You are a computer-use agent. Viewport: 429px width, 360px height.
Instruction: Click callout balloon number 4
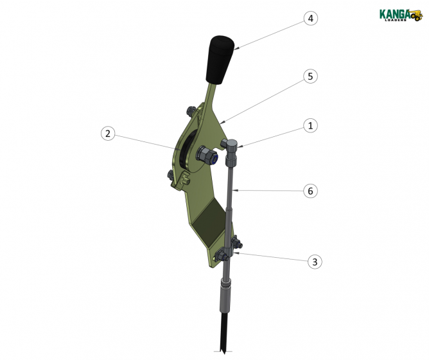(x=311, y=19)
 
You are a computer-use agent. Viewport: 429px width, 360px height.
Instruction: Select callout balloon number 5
(x=310, y=76)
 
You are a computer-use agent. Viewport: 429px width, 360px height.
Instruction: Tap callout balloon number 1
(x=310, y=126)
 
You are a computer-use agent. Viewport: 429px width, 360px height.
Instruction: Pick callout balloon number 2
(x=108, y=134)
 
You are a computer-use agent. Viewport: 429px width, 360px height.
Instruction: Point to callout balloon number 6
(x=310, y=191)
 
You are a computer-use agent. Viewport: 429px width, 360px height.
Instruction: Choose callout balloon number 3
(x=315, y=262)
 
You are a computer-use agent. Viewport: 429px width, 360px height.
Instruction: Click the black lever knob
(x=220, y=59)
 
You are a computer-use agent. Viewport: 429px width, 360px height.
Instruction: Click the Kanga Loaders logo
(x=401, y=15)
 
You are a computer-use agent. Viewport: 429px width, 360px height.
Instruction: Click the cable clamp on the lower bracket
(x=229, y=250)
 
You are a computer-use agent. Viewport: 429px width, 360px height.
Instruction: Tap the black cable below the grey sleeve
(x=223, y=332)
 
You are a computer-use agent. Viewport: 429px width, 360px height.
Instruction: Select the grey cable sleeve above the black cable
(x=225, y=296)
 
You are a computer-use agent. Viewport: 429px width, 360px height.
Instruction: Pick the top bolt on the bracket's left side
(x=191, y=111)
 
